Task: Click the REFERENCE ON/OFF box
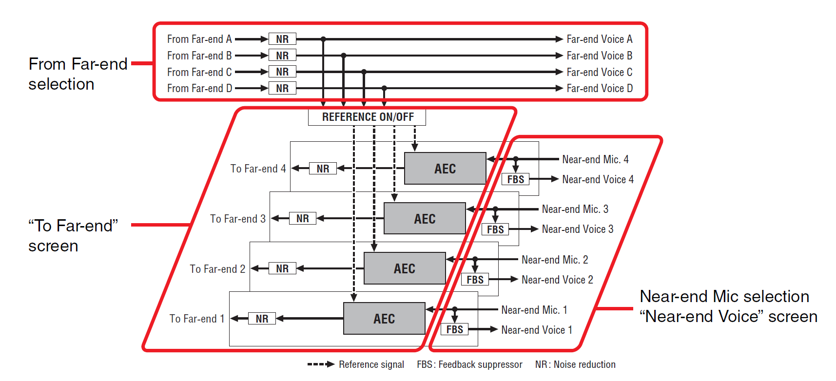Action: click(x=367, y=117)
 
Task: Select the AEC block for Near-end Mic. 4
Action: click(x=445, y=169)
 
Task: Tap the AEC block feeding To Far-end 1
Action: click(x=384, y=319)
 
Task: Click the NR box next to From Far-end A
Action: click(x=282, y=39)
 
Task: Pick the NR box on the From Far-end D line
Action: click(x=282, y=88)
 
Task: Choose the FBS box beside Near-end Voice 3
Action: click(x=495, y=229)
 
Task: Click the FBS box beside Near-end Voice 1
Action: click(x=454, y=329)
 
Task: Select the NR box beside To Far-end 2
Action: click(x=282, y=268)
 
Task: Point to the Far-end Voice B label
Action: click(x=599, y=56)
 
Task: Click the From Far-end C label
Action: click(x=199, y=72)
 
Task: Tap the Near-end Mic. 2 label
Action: click(x=555, y=260)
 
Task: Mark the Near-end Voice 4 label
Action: click(x=598, y=179)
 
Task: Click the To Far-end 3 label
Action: click(x=238, y=219)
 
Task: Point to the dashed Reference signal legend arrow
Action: click(x=321, y=364)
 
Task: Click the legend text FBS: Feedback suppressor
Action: click(x=469, y=364)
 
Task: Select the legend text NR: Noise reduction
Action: click(x=575, y=364)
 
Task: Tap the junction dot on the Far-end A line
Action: click(x=323, y=39)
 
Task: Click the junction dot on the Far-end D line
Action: click(x=384, y=88)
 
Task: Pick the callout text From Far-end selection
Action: click(x=78, y=74)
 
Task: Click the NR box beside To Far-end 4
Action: click(x=323, y=169)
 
